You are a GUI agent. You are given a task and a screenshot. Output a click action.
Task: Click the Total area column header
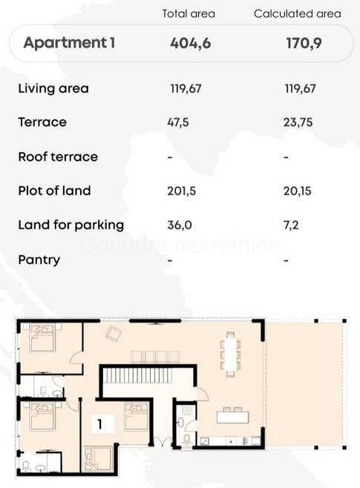tap(189, 13)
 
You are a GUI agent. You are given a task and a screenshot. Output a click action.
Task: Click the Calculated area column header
tap(298, 13)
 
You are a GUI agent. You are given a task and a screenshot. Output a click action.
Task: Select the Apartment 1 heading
tap(69, 42)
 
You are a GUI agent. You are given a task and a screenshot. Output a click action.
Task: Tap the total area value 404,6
tap(191, 43)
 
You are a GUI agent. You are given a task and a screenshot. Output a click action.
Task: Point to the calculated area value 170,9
tap(304, 43)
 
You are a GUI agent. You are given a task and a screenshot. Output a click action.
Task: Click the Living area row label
tap(53, 88)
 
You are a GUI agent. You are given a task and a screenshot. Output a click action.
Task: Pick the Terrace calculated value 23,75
tap(298, 122)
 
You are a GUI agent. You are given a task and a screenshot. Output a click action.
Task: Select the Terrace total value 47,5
tap(178, 122)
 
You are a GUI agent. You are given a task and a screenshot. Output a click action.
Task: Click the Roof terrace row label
tap(58, 156)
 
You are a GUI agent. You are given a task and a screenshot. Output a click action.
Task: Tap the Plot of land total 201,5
tap(182, 191)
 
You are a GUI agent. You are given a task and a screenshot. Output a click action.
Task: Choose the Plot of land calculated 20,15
tap(298, 191)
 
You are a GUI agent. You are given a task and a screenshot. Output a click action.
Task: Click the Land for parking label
tap(71, 225)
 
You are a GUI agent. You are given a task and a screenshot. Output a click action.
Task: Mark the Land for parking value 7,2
tap(291, 225)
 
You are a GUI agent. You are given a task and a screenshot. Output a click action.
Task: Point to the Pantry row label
tap(39, 260)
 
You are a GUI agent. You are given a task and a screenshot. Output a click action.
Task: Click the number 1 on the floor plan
tap(99, 424)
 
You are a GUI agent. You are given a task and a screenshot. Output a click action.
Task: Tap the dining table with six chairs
tap(230, 355)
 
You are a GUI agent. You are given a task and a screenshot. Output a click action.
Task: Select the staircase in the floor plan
tap(137, 376)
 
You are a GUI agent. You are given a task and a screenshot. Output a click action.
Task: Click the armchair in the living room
tap(114, 334)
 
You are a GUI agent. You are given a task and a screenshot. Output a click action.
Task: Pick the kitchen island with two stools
tap(232, 415)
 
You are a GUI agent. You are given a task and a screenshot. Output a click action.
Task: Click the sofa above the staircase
tap(155, 357)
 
